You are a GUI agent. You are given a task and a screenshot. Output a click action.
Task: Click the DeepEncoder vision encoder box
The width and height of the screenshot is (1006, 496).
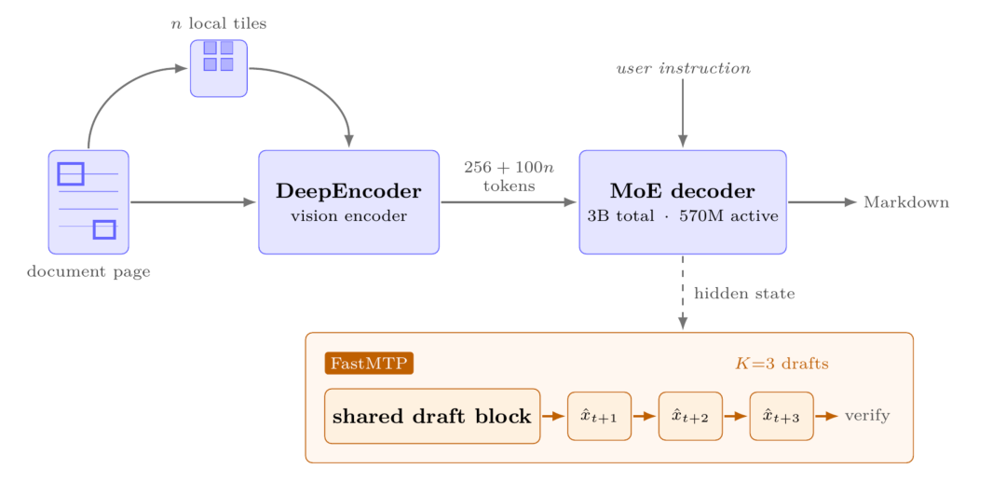(348, 202)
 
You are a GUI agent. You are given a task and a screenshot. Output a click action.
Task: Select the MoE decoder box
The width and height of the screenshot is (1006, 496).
(683, 202)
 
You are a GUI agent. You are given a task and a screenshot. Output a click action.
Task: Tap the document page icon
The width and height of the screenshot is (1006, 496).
(88, 202)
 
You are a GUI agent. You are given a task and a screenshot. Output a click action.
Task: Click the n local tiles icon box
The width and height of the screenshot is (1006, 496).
(219, 68)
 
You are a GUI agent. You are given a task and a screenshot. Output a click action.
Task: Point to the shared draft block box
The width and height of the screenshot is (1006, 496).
(432, 417)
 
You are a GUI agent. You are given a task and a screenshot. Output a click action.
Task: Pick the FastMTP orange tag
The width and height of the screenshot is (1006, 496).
(369, 363)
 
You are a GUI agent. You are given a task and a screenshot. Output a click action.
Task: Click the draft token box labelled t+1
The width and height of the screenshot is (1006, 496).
(599, 417)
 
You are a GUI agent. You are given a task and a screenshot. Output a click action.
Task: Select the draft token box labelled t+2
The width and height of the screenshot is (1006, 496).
(690, 417)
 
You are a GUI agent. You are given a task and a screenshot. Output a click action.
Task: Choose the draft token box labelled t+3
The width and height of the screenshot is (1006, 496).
(782, 417)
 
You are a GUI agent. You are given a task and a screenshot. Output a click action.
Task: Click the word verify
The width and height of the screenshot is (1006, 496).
(867, 416)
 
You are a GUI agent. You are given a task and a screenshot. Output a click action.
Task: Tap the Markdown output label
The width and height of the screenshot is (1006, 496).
(906, 202)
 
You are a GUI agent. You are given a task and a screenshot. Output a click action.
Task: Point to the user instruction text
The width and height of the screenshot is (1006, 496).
(684, 68)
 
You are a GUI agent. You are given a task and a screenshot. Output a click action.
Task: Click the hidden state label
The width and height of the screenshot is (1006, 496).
(745, 294)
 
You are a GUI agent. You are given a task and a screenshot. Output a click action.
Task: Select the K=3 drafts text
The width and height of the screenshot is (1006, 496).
(782, 364)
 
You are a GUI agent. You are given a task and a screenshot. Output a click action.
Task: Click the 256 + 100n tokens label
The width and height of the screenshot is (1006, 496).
(510, 176)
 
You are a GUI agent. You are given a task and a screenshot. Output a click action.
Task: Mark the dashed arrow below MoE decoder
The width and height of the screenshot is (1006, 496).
(683, 293)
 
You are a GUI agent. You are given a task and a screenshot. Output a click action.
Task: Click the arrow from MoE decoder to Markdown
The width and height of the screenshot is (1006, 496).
(822, 202)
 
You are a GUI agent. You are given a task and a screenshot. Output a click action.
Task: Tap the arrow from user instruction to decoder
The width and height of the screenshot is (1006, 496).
(683, 113)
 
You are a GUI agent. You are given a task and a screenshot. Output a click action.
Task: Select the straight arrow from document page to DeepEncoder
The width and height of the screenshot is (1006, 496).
(193, 202)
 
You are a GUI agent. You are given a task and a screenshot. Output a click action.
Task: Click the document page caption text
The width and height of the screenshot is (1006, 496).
(88, 271)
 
